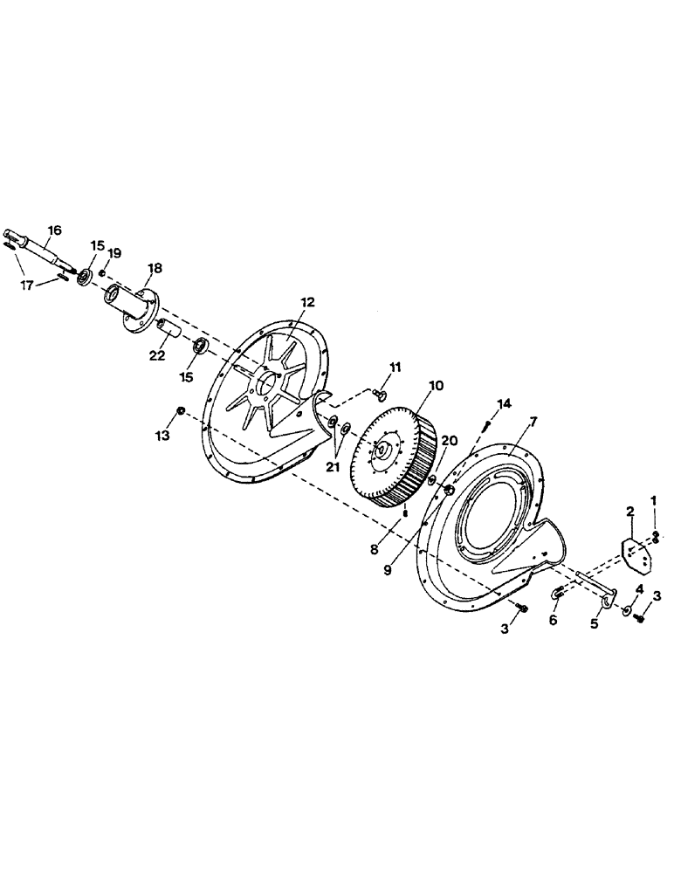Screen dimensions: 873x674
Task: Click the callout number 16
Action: pos(54,230)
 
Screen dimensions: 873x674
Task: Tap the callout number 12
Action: pos(307,302)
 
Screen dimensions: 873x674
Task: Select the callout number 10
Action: pos(436,384)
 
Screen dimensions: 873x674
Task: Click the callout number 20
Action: pos(450,440)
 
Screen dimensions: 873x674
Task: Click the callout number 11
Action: pos(395,367)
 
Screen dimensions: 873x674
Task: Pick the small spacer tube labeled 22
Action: pos(169,331)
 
